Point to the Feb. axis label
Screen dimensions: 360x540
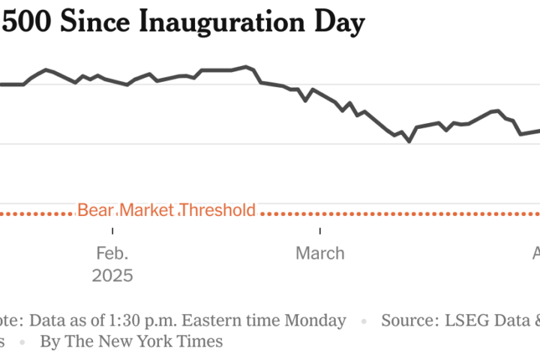click(112, 253)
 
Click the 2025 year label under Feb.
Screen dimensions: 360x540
click(112, 275)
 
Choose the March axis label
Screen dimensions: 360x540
click(320, 253)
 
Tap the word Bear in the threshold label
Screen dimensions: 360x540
click(95, 210)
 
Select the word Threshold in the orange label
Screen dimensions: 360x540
click(217, 210)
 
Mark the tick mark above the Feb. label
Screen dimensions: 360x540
click(113, 230)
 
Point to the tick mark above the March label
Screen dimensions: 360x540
click(320, 230)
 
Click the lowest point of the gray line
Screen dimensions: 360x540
click(409, 141)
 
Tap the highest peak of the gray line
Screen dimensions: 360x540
click(246, 67)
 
